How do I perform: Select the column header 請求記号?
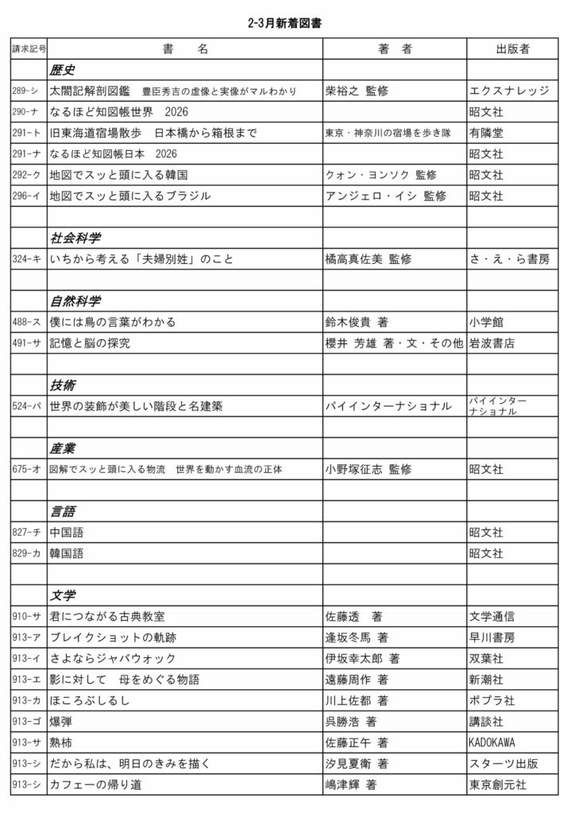point(29,49)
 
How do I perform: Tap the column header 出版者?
point(512,49)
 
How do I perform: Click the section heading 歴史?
point(63,70)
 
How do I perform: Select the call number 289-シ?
point(25,91)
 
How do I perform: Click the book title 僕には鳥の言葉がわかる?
point(112,323)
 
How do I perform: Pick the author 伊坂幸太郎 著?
point(362,658)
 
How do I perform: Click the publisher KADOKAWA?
point(492,742)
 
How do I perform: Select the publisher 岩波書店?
point(492,343)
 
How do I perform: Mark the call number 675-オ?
point(26,469)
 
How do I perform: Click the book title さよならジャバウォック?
point(112,658)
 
